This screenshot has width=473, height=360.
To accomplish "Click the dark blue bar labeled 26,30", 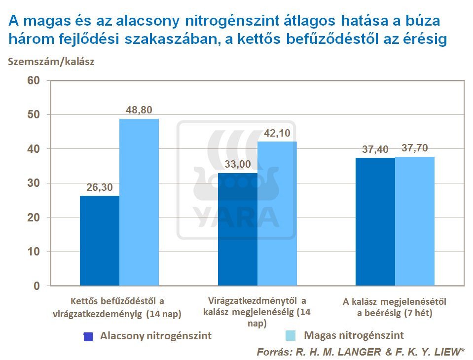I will (100, 241).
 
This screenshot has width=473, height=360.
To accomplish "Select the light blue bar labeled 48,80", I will (139, 202).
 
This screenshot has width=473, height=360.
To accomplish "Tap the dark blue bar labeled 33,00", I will (238, 229).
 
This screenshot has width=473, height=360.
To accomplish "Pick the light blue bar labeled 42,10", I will (277, 214).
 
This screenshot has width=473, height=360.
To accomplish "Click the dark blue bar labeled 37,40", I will (375, 222).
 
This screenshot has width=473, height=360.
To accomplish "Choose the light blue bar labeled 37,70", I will (415, 221).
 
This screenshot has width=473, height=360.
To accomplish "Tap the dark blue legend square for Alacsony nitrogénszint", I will (88, 336).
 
